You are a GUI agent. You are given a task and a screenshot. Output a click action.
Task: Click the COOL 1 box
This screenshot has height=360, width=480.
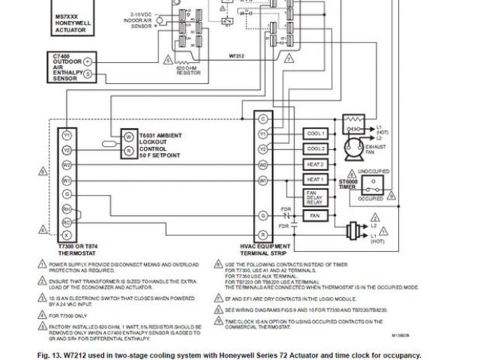[315, 133]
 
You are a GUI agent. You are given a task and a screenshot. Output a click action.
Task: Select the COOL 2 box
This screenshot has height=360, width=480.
[315, 148]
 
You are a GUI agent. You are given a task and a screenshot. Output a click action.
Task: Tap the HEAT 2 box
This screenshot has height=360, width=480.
[315, 164]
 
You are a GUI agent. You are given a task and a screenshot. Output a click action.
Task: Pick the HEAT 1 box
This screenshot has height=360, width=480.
[315, 181]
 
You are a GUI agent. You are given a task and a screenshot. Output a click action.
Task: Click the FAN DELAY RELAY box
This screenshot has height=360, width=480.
[315, 198]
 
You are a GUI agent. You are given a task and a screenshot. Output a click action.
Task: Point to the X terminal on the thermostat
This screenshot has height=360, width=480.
[67, 235]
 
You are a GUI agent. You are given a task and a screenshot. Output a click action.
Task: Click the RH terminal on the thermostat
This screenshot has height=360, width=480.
[67, 209]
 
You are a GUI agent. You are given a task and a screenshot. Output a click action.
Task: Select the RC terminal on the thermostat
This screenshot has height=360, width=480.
[67, 222]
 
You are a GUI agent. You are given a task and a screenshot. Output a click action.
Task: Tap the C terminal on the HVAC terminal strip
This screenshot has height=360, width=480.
[263, 119]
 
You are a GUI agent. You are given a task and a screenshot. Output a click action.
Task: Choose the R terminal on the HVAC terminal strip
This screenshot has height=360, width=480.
[263, 235]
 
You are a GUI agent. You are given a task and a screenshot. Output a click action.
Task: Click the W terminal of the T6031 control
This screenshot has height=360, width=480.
[129, 136]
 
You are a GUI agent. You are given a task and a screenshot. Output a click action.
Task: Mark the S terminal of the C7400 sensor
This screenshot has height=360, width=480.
[88, 73]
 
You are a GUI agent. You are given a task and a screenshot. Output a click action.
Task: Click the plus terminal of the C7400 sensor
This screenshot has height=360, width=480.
[88, 60]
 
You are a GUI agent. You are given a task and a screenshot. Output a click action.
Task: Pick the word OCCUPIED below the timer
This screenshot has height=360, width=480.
[370, 199]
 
